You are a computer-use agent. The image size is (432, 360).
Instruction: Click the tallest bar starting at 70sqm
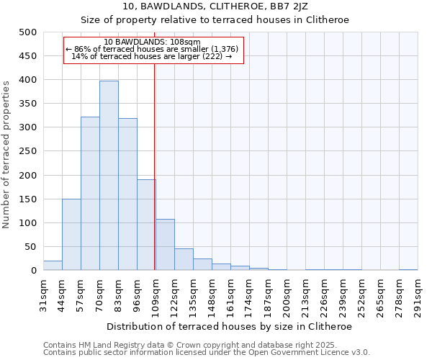[109, 176]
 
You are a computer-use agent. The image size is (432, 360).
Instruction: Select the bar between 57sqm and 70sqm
[90, 194]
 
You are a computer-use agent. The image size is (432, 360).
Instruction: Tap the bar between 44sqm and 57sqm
[71, 235]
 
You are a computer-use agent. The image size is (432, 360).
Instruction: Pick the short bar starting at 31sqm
[53, 266]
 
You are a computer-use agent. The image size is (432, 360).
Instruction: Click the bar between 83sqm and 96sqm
[127, 194]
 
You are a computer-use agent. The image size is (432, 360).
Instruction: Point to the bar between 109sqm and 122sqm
[165, 245]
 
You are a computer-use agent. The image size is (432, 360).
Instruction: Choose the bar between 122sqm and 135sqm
[184, 260]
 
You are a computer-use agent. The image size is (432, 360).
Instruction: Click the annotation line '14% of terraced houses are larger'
[152, 56]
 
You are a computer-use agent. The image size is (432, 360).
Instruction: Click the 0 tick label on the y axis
[33, 271]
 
